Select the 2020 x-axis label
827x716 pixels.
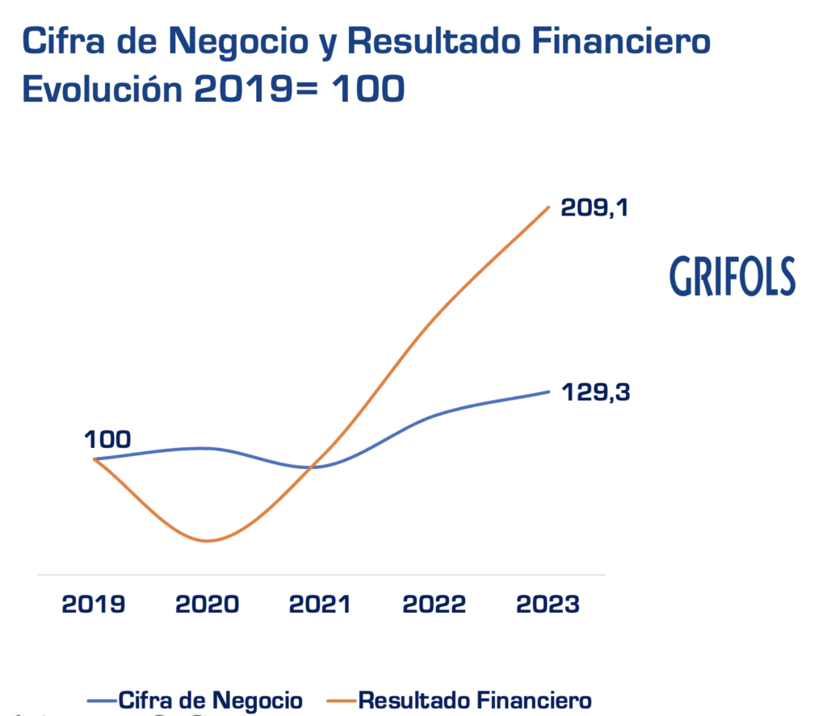coord(208,605)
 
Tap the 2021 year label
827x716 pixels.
coord(320,605)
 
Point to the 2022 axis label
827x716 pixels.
coord(433,605)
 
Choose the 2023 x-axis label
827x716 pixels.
coord(547,605)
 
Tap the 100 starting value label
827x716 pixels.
coord(107,440)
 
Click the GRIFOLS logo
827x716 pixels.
coord(732,276)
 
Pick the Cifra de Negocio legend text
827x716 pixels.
coord(210,699)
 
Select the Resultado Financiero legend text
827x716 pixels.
coord(474,699)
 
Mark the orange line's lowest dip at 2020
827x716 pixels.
coord(208,541)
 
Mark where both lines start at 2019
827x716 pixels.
coord(95,458)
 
